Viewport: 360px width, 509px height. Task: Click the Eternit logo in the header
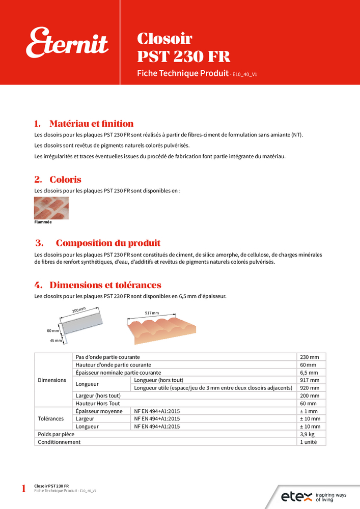coord(67,43)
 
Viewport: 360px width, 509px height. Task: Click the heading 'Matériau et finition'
coord(91,124)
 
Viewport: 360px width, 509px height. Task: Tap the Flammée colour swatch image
coord(51,208)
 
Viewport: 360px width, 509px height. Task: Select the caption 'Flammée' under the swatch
coord(43,222)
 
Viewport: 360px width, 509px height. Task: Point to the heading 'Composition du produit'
coord(108,243)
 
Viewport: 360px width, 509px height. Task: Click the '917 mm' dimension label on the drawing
coord(152,313)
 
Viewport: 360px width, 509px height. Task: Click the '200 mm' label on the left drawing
coord(78,310)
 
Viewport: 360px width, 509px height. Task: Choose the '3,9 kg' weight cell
coord(308,434)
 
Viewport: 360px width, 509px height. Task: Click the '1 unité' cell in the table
coord(309,442)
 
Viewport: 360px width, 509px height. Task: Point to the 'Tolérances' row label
coord(51,419)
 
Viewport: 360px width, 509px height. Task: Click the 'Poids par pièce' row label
coord(57,434)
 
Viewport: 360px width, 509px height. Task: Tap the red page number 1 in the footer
coord(23,489)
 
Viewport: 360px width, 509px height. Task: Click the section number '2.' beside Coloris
coord(38,180)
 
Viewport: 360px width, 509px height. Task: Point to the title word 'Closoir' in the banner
coord(164,39)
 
